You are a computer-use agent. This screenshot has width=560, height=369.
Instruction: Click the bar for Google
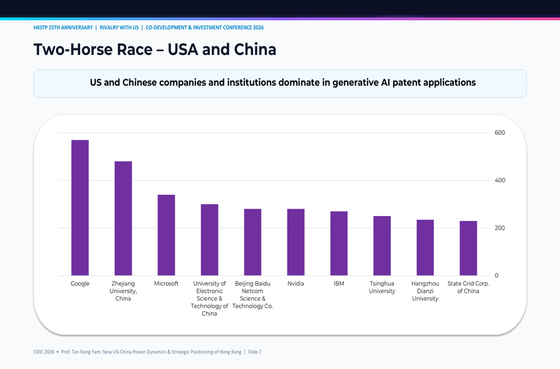[x=80, y=208]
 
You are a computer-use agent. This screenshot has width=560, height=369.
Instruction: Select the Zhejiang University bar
[x=123, y=218]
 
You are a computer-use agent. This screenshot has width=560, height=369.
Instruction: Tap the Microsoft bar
[x=166, y=235]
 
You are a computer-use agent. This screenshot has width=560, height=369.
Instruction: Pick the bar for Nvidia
[x=296, y=242]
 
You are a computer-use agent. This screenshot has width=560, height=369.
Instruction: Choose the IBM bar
[x=339, y=243]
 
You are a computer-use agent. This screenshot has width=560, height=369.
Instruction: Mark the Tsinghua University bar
[x=382, y=246]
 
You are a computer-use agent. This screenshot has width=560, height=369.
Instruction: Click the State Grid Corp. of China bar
[x=468, y=248]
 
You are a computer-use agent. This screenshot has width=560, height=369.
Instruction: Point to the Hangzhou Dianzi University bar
[x=425, y=247]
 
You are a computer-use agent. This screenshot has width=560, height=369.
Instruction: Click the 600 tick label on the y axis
[x=500, y=133]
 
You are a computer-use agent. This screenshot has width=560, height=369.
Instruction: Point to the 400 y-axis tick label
[x=500, y=180]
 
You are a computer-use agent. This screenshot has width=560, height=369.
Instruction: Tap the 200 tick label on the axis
[x=500, y=228]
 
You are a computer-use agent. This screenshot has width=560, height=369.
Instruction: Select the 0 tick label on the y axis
[x=496, y=275]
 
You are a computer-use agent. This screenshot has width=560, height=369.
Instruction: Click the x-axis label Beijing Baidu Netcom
[x=253, y=287]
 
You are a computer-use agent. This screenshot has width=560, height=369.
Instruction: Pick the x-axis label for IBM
[x=339, y=284]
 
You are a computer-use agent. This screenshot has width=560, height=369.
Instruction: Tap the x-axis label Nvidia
[x=296, y=284]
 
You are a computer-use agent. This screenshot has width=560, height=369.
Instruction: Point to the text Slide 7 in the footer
[x=255, y=352]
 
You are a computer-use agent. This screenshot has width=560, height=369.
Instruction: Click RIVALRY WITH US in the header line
[x=119, y=27]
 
